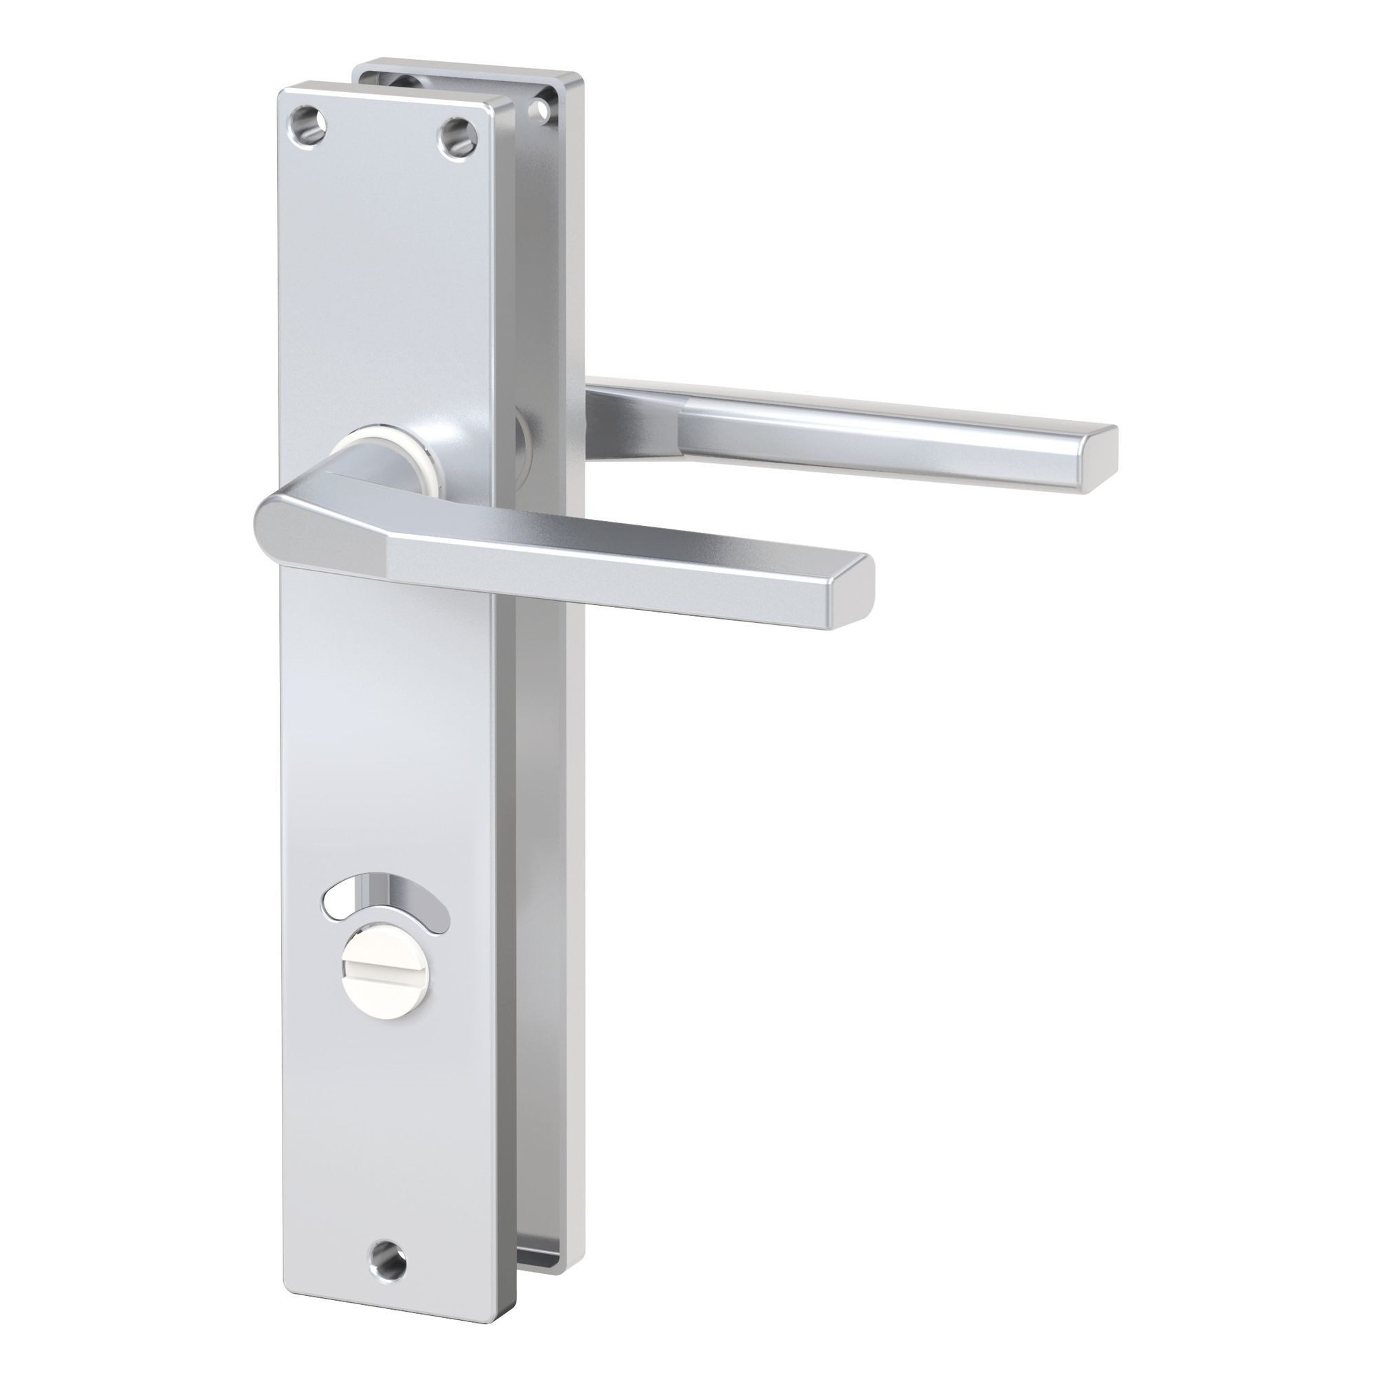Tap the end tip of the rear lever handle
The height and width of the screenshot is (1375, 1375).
[1096, 456]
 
